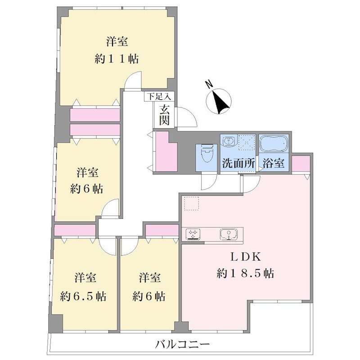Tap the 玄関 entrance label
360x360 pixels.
pyautogui.click(x=164, y=115)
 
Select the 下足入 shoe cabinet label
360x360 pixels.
pyautogui.click(x=159, y=96)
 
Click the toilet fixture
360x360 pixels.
pyautogui.click(x=207, y=153)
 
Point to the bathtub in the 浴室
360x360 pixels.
pyautogui.click(x=273, y=143)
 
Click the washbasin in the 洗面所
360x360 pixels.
pyautogui.click(x=229, y=140)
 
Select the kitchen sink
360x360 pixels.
pyautogui.click(x=229, y=234)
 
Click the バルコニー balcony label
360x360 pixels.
pyautogui.click(x=183, y=344)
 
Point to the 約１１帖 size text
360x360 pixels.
pyautogui.click(x=117, y=59)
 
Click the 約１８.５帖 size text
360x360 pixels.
pyautogui.click(x=245, y=273)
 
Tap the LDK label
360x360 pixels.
pyautogui.click(x=246, y=256)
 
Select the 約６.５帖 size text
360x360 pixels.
pyautogui.click(x=83, y=296)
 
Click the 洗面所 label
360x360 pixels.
pyautogui.click(x=238, y=163)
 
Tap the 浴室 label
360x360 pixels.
pyautogui.click(x=274, y=163)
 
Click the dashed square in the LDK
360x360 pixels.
pyautogui.click(x=192, y=203)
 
